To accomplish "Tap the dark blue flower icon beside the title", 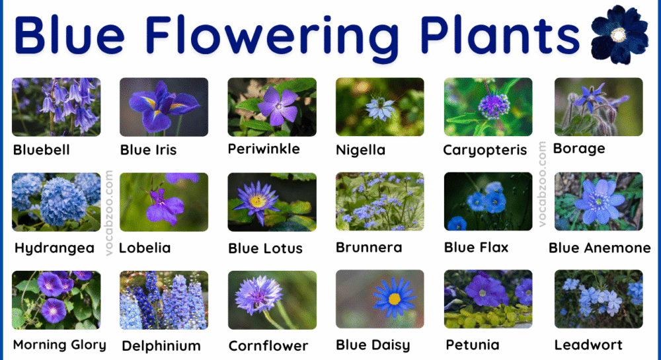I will tap(619, 35).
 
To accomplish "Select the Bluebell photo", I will tap(56, 107).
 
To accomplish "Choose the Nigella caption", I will tap(360, 150).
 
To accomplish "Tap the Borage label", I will tap(579, 149).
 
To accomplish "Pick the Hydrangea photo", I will tap(56, 201).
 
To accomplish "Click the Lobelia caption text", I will tap(145, 248).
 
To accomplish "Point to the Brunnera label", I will tap(369, 248).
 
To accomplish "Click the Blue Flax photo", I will tap(488, 201).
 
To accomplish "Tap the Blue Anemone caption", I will tap(600, 248).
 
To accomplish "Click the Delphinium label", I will tap(161, 345).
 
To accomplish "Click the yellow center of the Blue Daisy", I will tap(394, 299).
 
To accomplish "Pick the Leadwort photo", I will tap(598, 299).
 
